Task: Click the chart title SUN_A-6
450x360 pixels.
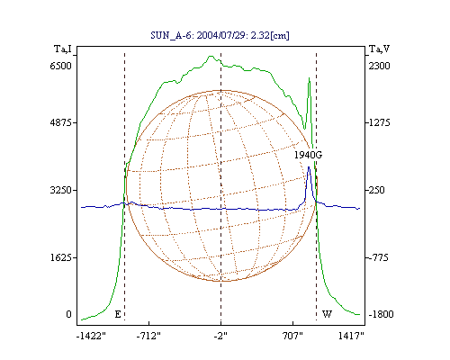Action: [172, 35]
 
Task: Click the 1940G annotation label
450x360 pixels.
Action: [308, 155]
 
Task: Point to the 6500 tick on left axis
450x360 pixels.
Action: [61, 66]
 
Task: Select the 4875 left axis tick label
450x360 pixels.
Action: [61, 122]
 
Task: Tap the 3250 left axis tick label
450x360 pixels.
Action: [61, 190]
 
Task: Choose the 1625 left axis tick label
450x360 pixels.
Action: [61, 257]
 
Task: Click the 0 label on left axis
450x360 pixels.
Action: [69, 314]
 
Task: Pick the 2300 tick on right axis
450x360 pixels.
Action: [379, 66]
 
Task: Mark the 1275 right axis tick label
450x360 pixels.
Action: [379, 122]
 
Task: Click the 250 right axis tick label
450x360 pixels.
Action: [376, 190]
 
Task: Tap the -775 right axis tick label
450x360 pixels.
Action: [377, 257]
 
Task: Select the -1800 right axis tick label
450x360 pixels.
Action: [381, 314]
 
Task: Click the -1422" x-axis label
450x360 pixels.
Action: [91, 336]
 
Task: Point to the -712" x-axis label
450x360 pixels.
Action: [148, 336]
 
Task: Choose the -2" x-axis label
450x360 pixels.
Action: [220, 336]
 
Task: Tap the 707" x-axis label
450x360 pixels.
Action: [292, 336]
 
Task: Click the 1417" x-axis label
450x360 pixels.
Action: [351, 336]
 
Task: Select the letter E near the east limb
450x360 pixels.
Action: [118, 314]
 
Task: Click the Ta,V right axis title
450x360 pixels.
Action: [379, 49]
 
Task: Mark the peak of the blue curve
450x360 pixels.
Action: [309, 167]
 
